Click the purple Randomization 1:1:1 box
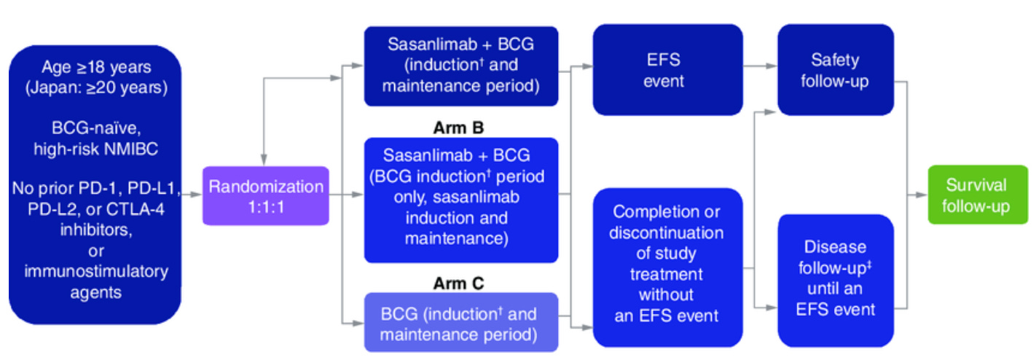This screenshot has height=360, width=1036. [x=266, y=196]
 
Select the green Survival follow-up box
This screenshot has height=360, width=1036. [x=978, y=195]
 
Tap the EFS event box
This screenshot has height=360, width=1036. [x=668, y=70]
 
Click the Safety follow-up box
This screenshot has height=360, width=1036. [x=835, y=70]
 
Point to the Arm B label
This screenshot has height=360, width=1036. [x=458, y=128]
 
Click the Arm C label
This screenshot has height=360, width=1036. [x=458, y=283]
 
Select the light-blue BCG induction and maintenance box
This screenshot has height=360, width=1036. [x=461, y=322]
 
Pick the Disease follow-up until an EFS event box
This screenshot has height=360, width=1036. [x=835, y=281]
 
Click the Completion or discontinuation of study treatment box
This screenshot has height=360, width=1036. [x=668, y=267]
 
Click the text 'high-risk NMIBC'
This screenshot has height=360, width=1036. [x=95, y=149]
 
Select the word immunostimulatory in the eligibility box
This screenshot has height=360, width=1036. [x=96, y=272]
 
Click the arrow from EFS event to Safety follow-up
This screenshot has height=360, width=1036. [x=760, y=66]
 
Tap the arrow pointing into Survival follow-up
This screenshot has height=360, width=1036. [x=917, y=195]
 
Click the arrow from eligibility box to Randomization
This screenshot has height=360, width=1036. [x=192, y=195]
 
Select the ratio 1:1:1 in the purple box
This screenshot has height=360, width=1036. [x=266, y=207]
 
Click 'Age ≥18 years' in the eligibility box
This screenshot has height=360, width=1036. [x=96, y=67]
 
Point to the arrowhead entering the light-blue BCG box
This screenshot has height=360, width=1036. [x=358, y=323]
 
